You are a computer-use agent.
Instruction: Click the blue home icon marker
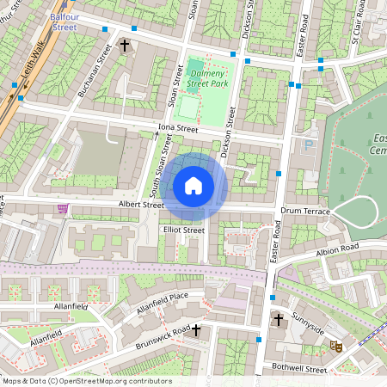193,186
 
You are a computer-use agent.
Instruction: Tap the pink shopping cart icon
62,208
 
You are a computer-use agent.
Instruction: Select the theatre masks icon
336,346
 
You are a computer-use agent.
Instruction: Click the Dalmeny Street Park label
207,78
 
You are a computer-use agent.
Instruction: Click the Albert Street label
141,206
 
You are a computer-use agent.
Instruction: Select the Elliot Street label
183,230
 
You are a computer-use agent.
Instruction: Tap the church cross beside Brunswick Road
196,329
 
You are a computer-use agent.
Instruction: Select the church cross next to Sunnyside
278,321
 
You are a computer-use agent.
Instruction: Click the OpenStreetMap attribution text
87,381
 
